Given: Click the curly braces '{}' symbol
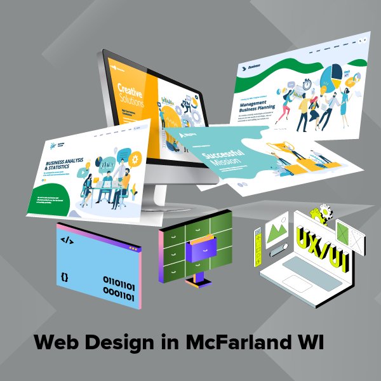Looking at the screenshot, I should tap(65, 277).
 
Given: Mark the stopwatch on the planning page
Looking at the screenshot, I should tap(307, 82).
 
